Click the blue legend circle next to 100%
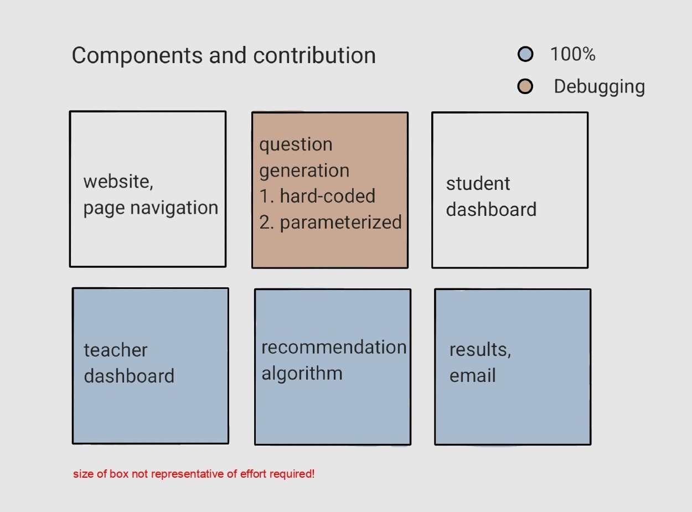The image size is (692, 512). click(x=525, y=54)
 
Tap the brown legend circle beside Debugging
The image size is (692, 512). click(x=525, y=86)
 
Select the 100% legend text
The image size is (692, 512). click(x=573, y=54)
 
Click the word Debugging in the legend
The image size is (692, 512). click(x=600, y=87)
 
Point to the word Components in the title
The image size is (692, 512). click(x=137, y=56)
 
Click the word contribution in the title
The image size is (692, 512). click(x=314, y=55)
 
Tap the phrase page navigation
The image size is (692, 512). click(x=151, y=208)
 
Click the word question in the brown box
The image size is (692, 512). click(x=296, y=145)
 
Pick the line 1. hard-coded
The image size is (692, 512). click(x=317, y=196)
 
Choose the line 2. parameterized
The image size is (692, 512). click(x=330, y=223)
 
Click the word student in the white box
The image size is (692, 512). click(x=478, y=183)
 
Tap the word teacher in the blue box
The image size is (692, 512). click(x=116, y=350)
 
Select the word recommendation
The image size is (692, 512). click(x=334, y=347)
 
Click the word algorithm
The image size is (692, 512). click(x=302, y=374)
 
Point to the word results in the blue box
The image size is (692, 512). click(x=480, y=350)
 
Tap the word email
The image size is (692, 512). click(x=472, y=375)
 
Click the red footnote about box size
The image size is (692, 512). click(x=194, y=474)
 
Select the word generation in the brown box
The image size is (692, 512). click(x=304, y=171)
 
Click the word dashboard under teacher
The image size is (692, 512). click(x=129, y=376)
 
